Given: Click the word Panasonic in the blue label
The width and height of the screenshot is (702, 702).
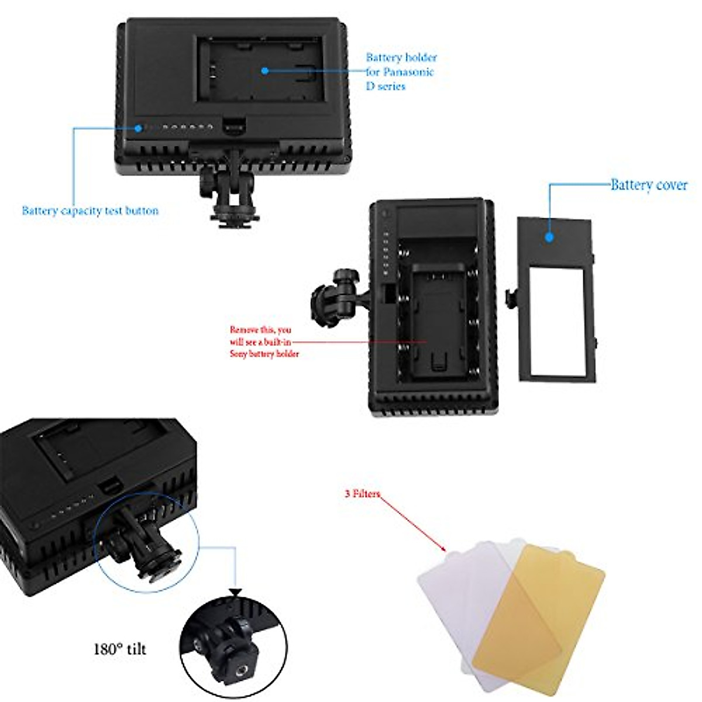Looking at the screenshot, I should (x=408, y=72).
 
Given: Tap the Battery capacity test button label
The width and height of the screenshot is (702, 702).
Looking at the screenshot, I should (x=90, y=211).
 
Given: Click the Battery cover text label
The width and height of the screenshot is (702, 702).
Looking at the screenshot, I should (x=649, y=185).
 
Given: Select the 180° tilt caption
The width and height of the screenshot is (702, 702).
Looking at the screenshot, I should (x=120, y=649).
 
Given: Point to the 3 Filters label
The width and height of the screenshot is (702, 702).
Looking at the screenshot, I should (x=362, y=494).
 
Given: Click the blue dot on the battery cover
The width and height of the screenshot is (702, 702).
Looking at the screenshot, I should (x=549, y=237).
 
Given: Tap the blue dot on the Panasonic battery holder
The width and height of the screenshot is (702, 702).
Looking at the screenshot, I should (x=264, y=70).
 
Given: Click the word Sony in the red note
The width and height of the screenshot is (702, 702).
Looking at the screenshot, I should (x=238, y=354).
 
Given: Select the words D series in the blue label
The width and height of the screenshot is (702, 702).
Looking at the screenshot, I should (x=386, y=86).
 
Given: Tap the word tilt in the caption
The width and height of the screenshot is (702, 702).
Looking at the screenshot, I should (x=135, y=649).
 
